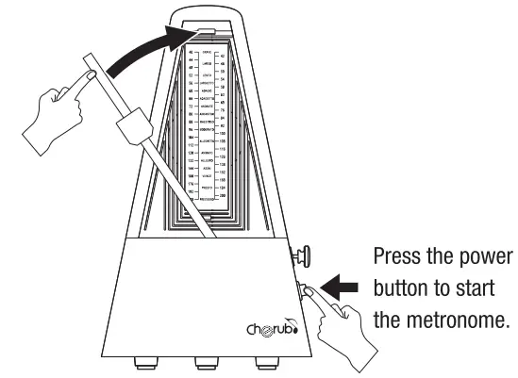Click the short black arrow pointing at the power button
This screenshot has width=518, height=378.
[342, 283]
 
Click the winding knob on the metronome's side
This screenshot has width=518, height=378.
[305, 255]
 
